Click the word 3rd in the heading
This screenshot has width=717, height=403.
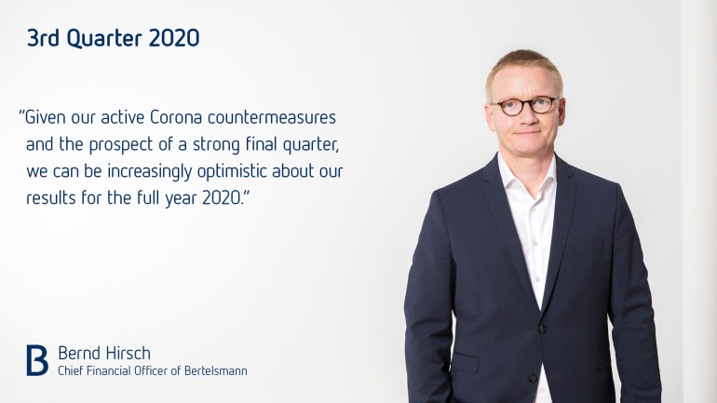pyautogui.click(x=43, y=38)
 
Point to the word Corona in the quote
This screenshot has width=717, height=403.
pyautogui.click(x=176, y=117)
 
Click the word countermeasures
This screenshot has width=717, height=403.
pyautogui.click(x=272, y=118)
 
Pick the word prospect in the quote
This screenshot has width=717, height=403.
pyautogui.click(x=121, y=145)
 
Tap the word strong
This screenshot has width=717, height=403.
pyautogui.click(x=216, y=145)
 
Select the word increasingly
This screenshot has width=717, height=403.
pyautogui.click(x=150, y=172)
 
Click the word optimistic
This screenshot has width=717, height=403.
pyautogui.click(x=232, y=172)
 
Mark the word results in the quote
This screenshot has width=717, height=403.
pyautogui.click(x=51, y=198)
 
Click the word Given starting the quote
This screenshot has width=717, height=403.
pyautogui.click(x=45, y=117)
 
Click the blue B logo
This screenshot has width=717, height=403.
pyautogui.click(x=37, y=360)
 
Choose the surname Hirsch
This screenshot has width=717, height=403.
pyautogui.click(x=128, y=353)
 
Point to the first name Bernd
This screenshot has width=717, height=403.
pyautogui.click(x=79, y=353)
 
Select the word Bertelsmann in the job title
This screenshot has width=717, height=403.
pyautogui.click(x=216, y=370)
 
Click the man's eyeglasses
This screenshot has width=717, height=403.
pyautogui.click(x=525, y=105)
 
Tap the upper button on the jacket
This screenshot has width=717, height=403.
pyautogui.click(x=543, y=328)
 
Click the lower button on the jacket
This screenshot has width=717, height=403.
pyautogui.click(x=533, y=378)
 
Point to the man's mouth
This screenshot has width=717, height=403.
pyautogui.click(x=528, y=133)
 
